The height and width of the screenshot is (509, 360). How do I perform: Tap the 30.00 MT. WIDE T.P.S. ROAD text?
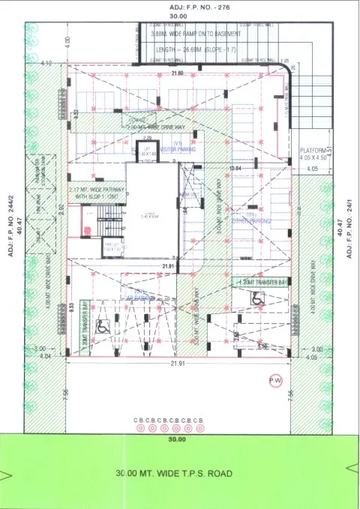174,474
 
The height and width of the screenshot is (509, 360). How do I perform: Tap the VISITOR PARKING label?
178,148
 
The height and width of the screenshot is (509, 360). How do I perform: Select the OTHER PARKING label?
249,221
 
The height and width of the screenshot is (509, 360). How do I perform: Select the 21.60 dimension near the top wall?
177,73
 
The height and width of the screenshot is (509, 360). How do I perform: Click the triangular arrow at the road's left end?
7,475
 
